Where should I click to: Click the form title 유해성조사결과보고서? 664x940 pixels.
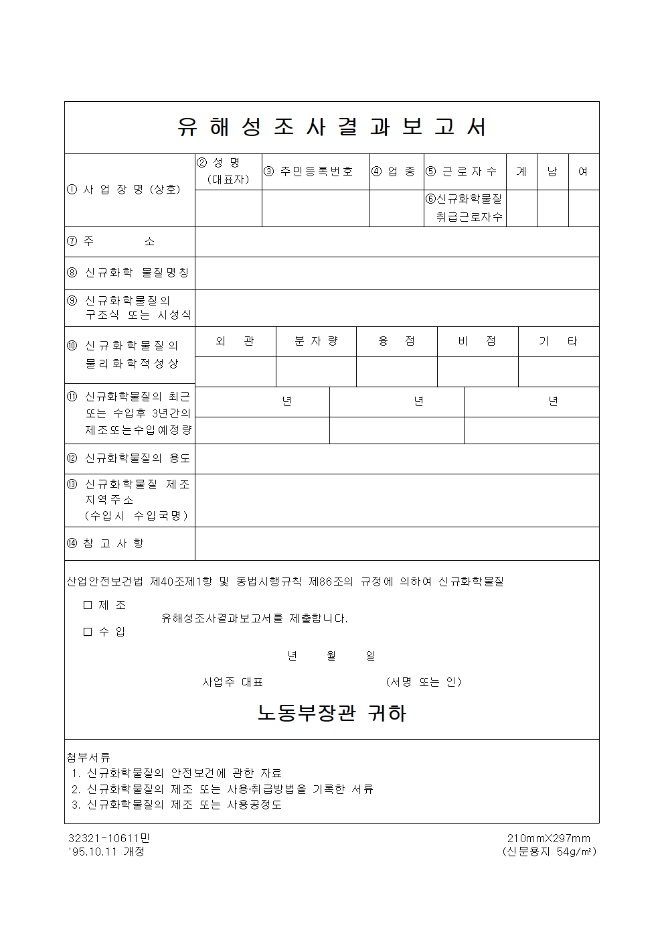click(332, 127)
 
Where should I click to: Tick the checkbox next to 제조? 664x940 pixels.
click(88, 605)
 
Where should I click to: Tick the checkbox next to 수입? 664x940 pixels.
click(88, 632)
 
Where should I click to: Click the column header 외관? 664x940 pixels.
click(235, 341)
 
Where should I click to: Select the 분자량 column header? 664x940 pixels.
click(316, 341)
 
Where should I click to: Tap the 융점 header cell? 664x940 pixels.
click(396, 341)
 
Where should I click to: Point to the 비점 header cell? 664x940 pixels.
click(477, 341)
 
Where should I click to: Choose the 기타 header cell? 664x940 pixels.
click(558, 341)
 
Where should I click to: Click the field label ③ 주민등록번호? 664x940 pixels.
click(309, 172)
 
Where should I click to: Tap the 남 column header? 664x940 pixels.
click(552, 172)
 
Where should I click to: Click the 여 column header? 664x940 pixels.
click(583, 172)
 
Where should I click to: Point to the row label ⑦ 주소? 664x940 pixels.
click(110, 241)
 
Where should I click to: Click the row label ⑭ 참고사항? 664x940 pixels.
click(105, 543)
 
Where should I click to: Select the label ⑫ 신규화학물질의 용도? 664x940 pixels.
click(129, 458)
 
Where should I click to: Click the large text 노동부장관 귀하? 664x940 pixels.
click(332, 714)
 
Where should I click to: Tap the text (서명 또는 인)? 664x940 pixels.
click(424, 682)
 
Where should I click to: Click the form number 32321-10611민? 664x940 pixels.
click(109, 838)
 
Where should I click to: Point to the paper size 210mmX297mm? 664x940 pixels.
click(549, 838)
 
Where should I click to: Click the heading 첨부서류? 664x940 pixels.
click(88, 757)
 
